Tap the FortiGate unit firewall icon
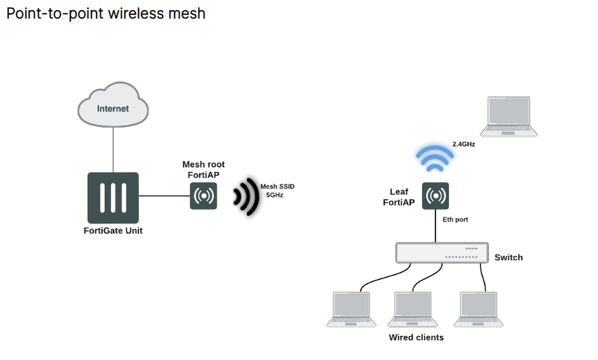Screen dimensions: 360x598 tap(113, 197)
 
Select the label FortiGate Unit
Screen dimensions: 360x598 tap(113, 231)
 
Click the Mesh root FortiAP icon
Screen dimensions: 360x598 tap(204, 196)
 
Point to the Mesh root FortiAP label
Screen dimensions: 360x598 tap(204, 170)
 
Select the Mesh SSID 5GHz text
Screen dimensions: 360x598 tap(277, 190)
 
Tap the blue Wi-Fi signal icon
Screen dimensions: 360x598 tap(435, 159)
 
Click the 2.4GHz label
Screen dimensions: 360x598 tap(463, 144)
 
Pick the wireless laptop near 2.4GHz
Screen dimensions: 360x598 tap(508, 117)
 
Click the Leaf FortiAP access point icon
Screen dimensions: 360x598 tap(435, 196)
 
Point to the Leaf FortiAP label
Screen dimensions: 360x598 tap(399, 197)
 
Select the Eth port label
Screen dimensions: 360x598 tap(455, 220)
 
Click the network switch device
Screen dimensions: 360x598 tap(442, 253)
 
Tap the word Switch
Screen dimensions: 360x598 tap(508, 257)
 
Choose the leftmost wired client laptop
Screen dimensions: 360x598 tap(351, 310)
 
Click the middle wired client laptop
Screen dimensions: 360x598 tap(413, 310)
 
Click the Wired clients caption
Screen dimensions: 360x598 tap(416, 338)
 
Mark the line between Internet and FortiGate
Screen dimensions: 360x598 tap(113, 149)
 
